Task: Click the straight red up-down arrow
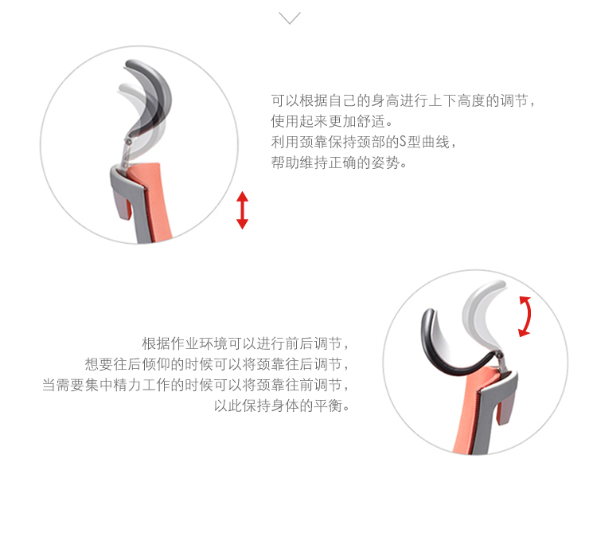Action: click(242, 210)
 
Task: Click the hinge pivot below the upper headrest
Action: click(129, 142)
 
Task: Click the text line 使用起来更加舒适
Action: click(332, 122)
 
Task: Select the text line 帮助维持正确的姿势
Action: click(339, 163)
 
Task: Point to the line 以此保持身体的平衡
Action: click(282, 406)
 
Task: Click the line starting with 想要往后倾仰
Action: click(217, 364)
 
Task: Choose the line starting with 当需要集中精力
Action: click(195, 385)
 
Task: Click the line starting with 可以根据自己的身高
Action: click(404, 101)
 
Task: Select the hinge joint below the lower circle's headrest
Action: click(500, 356)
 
